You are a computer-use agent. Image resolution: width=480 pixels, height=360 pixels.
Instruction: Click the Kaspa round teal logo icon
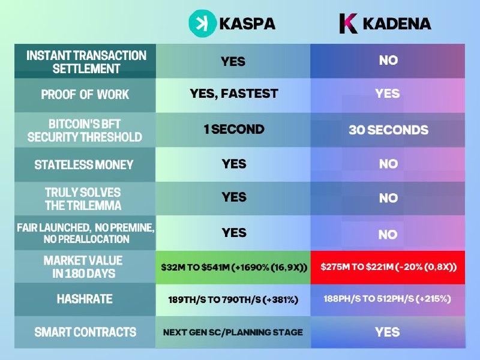199,23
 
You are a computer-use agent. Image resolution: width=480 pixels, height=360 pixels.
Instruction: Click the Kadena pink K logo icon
349,23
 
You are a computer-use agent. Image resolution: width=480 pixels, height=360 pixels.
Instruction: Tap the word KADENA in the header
397,23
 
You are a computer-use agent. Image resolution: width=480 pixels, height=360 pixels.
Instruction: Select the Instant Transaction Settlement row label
86,62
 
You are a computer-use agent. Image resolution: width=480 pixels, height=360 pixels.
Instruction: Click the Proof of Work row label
85,95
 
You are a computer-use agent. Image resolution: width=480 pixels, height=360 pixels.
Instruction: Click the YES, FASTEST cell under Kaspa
233,94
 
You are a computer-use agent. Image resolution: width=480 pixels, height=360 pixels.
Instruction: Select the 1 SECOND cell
233,130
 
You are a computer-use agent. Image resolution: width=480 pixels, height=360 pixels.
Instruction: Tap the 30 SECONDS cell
388,130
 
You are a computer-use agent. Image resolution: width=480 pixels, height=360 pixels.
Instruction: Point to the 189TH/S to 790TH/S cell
233,299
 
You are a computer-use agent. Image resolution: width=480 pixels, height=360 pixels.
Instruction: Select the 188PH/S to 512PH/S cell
388,299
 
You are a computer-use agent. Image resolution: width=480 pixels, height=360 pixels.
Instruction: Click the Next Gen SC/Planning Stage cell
233,332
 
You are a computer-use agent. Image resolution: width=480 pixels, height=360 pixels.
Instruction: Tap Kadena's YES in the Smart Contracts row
388,332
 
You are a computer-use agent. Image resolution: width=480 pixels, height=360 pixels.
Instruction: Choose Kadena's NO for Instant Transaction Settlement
388,61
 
